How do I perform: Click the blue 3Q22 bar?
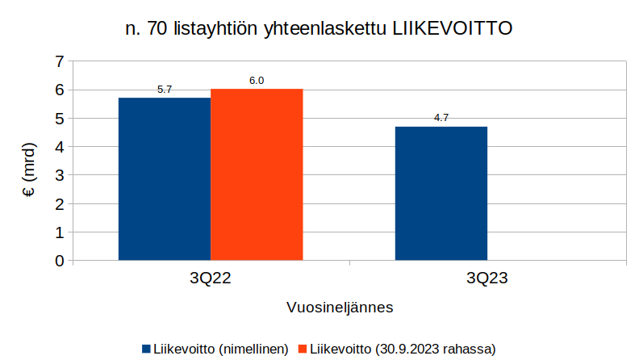click(x=165, y=178)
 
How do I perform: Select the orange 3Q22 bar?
click(x=257, y=174)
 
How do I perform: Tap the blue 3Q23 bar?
click(x=441, y=193)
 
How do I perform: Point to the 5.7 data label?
click(x=165, y=90)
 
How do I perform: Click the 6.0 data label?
click(x=257, y=81)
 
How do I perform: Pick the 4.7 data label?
click(x=441, y=118)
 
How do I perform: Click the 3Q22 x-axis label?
click(x=211, y=279)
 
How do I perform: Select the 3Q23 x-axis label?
click(x=487, y=279)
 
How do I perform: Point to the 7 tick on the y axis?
click(x=59, y=61)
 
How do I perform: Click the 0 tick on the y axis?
click(x=59, y=261)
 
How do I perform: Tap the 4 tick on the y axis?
click(x=59, y=147)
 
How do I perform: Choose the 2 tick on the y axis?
click(x=59, y=204)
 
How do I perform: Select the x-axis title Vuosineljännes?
click(x=340, y=308)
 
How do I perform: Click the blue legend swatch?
click(x=146, y=349)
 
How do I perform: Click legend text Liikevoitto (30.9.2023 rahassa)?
click(x=403, y=349)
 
